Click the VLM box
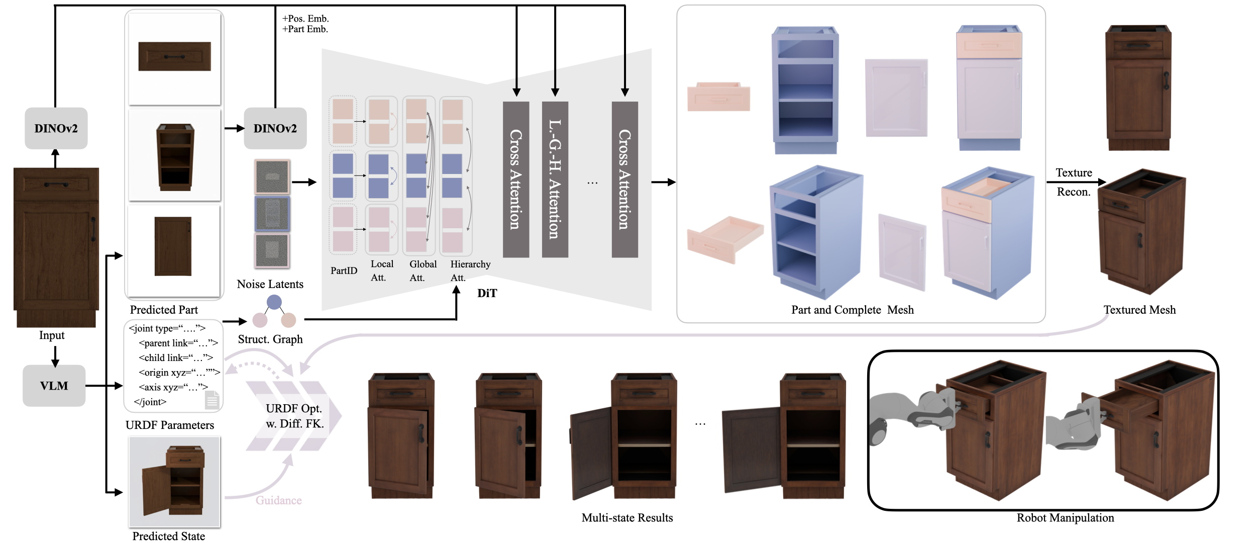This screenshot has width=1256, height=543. tap(54, 386)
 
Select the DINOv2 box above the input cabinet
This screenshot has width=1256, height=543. tap(56, 128)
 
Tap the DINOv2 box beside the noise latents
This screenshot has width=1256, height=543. tap(275, 128)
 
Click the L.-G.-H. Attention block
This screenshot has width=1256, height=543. tap(555, 179)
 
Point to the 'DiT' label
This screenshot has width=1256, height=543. tap(487, 293)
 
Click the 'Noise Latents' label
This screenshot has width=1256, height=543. tap(270, 284)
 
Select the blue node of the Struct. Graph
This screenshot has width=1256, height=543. tap(274, 302)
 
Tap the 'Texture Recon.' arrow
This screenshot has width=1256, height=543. tap(1075, 182)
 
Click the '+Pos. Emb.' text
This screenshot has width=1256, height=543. tap(305, 19)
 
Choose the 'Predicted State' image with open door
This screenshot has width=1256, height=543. tap(174, 481)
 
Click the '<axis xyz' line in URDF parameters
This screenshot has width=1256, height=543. tap(173, 387)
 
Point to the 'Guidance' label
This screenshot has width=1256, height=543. tap(278, 500)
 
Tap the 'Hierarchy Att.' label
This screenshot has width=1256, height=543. tap(470, 270)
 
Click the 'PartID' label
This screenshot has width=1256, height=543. tap(344, 270)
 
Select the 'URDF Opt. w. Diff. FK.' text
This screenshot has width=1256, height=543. tap(294, 416)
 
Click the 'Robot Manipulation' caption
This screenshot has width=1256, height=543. tap(1065, 518)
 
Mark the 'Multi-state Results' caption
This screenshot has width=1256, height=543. tap(627, 518)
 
